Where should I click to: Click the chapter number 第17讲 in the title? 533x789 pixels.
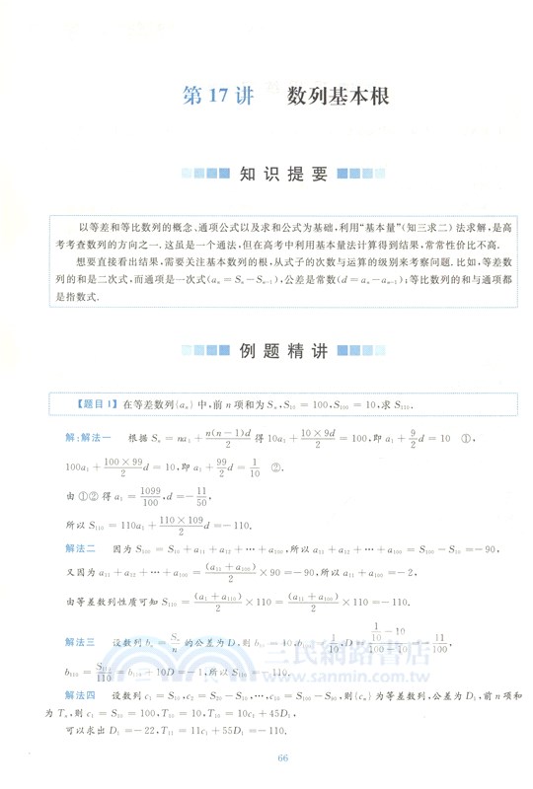tap(219, 97)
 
